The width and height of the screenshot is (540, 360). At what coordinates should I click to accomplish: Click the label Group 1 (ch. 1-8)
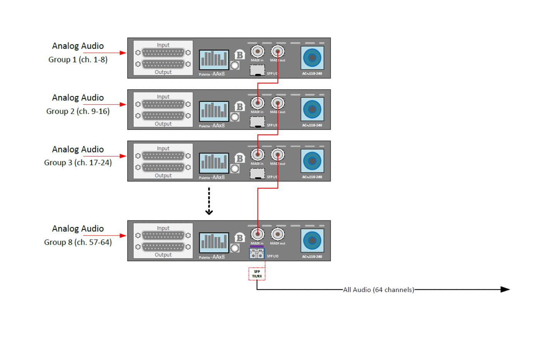coord(78,60)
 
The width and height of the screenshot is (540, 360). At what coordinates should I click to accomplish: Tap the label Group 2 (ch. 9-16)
coord(78,111)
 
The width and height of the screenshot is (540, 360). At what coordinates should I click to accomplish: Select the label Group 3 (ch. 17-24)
coord(78,163)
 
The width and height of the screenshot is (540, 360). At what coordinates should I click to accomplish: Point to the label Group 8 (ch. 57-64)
coord(78,242)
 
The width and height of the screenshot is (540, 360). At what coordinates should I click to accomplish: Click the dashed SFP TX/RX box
coord(257,274)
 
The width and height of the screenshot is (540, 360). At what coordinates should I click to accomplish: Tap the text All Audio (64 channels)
coord(379,290)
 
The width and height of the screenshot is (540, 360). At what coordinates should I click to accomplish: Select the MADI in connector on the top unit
coord(257,51)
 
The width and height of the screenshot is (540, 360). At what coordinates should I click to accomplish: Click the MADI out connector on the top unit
coord(278,51)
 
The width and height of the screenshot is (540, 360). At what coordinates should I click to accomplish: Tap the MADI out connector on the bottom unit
coord(278,234)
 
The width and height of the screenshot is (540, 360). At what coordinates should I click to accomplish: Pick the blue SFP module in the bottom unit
coord(257,253)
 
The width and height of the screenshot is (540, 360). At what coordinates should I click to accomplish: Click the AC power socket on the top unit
coord(312,58)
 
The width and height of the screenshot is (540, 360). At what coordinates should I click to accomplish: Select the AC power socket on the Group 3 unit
coord(312,161)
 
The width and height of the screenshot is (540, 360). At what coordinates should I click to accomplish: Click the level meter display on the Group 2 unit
coord(214,111)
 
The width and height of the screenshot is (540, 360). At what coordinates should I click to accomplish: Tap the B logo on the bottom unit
coord(240,238)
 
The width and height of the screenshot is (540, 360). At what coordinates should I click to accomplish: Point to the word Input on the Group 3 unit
coord(163,148)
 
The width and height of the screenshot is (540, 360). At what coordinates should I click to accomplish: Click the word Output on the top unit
coord(163,72)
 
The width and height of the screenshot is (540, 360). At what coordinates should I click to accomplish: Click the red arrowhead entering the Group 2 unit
coord(123,104)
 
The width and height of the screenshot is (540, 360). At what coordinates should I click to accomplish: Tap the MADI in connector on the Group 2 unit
coord(257,103)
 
